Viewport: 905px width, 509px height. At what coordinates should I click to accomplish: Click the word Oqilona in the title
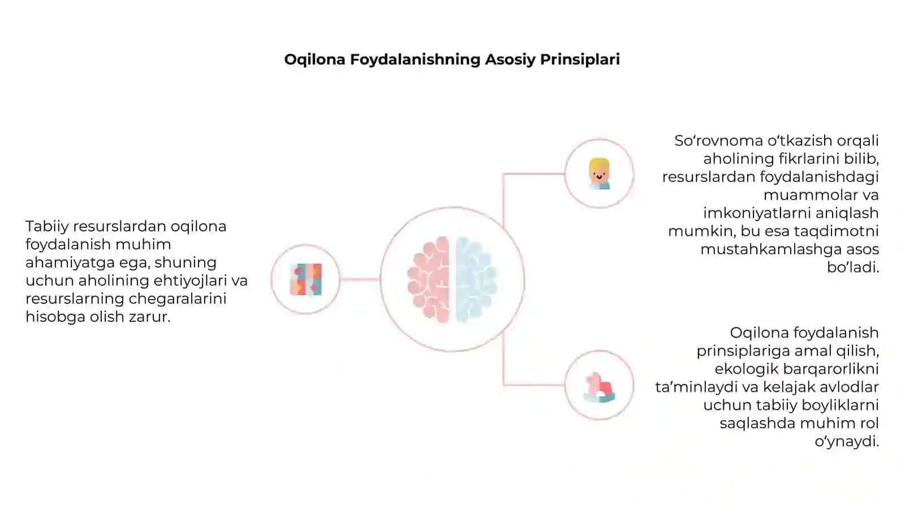click(314, 60)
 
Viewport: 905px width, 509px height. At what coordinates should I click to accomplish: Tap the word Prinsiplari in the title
click(580, 60)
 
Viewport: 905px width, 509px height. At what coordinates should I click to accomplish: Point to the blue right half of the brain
click(476, 279)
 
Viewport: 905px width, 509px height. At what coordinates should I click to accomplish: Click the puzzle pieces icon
click(306, 279)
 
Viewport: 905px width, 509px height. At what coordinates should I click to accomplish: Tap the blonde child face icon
click(599, 174)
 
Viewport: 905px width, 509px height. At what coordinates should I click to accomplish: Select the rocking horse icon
click(600, 387)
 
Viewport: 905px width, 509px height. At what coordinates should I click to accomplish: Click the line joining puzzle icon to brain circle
click(360, 279)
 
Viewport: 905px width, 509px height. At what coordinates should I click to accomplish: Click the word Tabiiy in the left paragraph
click(47, 227)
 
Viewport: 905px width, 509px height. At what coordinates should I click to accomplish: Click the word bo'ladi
click(853, 268)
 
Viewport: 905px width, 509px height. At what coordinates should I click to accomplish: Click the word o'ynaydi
click(847, 442)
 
